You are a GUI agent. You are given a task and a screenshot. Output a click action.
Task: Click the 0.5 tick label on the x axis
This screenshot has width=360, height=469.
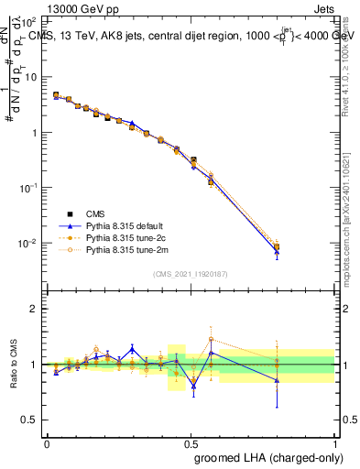click(x=191, y=442)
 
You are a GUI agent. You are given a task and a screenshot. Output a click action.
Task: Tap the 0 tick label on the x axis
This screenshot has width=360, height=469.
click(x=47, y=442)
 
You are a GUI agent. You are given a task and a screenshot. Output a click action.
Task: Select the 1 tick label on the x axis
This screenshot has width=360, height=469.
click(x=335, y=442)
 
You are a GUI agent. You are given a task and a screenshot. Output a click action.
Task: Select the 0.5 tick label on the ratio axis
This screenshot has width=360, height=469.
click(x=31, y=420)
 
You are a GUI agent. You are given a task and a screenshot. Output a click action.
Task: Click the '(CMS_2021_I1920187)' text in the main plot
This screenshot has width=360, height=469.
click(x=191, y=273)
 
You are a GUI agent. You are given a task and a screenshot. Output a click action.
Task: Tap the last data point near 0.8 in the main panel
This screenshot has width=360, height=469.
click(x=277, y=247)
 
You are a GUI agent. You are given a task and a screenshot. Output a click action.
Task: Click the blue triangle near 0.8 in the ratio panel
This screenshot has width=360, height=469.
click(x=277, y=379)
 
